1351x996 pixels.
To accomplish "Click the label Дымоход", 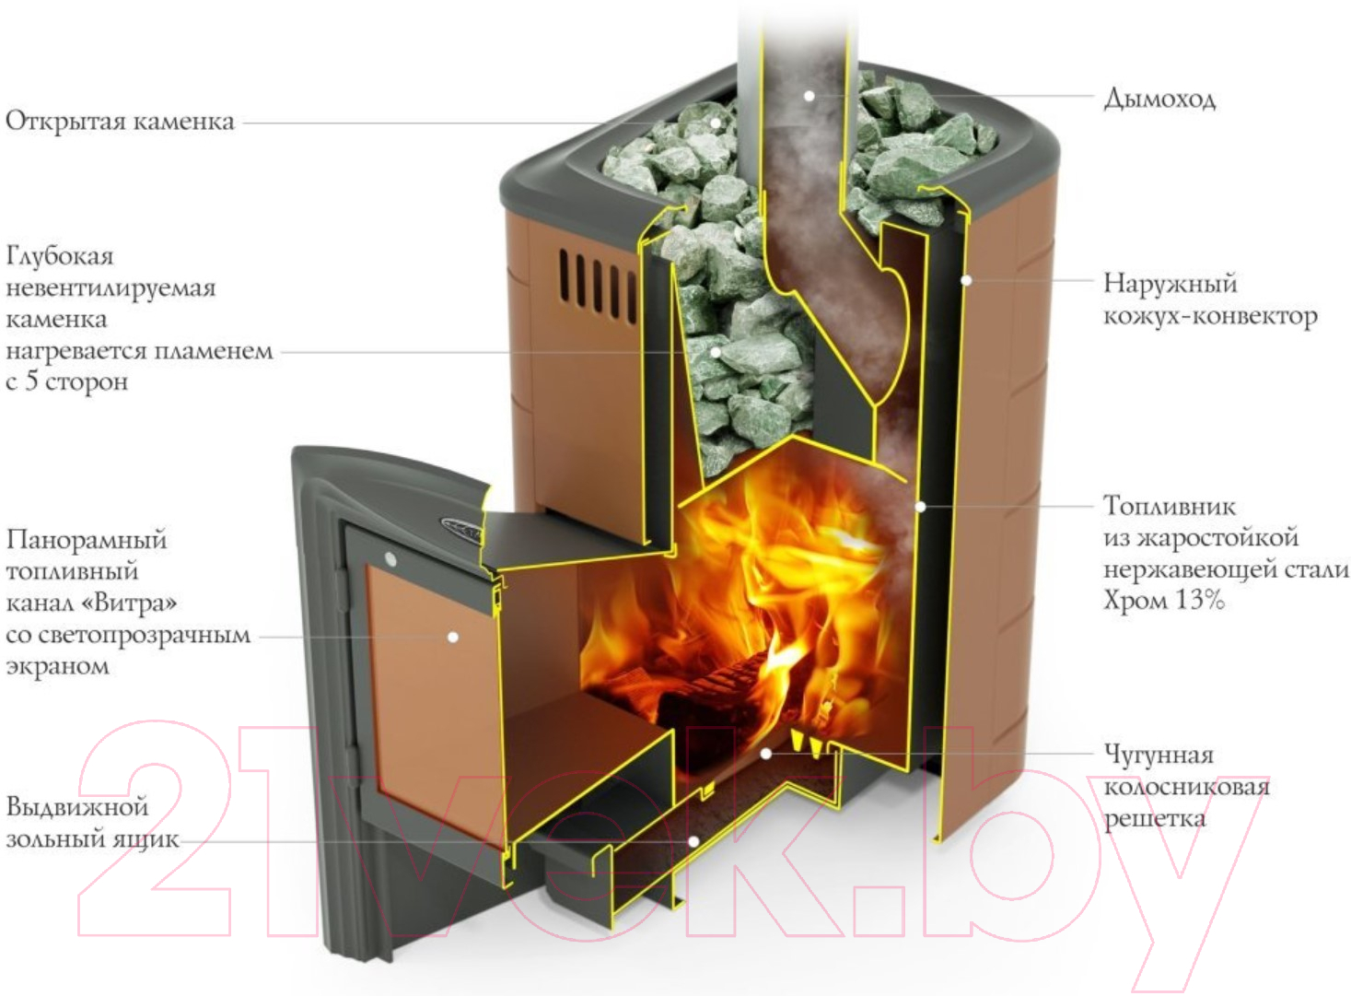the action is (1159, 99).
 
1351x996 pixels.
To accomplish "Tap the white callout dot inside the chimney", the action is (809, 96).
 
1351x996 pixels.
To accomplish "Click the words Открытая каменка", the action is (120, 122).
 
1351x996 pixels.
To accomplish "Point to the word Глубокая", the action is (60, 256).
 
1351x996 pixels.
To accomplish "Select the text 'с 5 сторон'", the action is (67, 381).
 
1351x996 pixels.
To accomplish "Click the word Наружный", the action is (1170, 284).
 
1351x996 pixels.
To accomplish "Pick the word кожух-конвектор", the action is (1210, 316).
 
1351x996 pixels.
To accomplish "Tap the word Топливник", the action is (1170, 506).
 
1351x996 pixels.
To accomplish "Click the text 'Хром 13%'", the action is (1163, 600).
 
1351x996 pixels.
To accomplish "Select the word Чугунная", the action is (1159, 755).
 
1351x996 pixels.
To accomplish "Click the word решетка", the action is (1154, 819).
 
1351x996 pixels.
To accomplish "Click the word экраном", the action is (58, 667).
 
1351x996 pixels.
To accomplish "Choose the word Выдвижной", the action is (77, 807).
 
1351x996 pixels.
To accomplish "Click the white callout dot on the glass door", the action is (453, 637).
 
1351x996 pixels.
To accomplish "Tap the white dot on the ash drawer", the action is (693, 841).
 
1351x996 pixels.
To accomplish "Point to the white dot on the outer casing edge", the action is (966, 280).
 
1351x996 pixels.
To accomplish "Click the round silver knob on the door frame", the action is (390, 559).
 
